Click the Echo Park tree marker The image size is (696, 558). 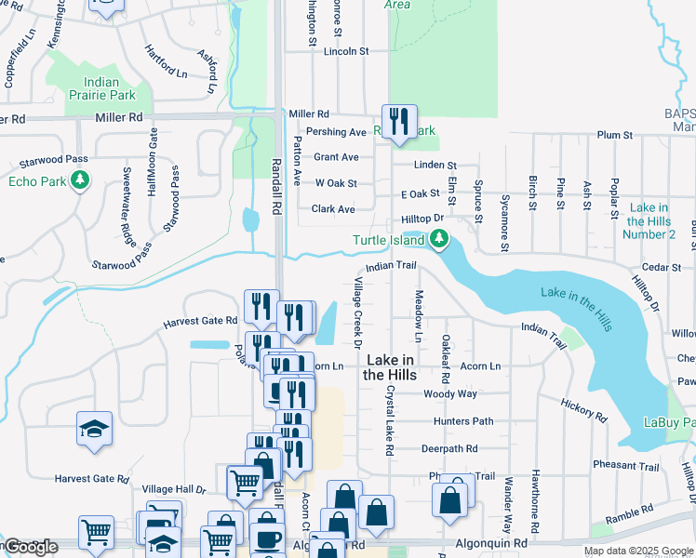(x=81, y=180)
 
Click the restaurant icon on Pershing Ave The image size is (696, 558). (x=399, y=120)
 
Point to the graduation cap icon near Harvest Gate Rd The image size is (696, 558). (x=94, y=429)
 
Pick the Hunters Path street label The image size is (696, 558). (x=463, y=421)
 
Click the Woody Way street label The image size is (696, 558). (x=450, y=393)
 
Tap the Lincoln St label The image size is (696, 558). (x=346, y=51)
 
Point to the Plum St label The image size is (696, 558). (x=615, y=135)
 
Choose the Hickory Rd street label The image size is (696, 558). (x=583, y=409)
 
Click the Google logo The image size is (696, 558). (x=31, y=547)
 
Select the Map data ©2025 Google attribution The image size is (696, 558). (x=637, y=551)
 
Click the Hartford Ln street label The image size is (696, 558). (x=167, y=60)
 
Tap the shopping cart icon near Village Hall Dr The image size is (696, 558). (x=245, y=481)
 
